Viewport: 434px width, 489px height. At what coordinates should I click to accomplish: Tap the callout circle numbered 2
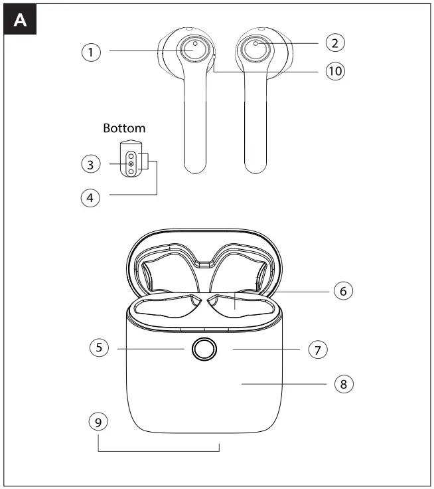click(x=335, y=43)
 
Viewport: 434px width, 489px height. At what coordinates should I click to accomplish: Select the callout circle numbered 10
click(x=335, y=71)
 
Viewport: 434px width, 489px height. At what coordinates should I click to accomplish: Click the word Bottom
click(x=124, y=128)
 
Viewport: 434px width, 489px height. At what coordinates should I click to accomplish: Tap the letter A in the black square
click(x=22, y=22)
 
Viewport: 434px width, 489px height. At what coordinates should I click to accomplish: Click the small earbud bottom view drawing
click(x=131, y=159)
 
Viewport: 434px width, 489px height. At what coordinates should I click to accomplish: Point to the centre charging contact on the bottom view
click(x=131, y=163)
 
